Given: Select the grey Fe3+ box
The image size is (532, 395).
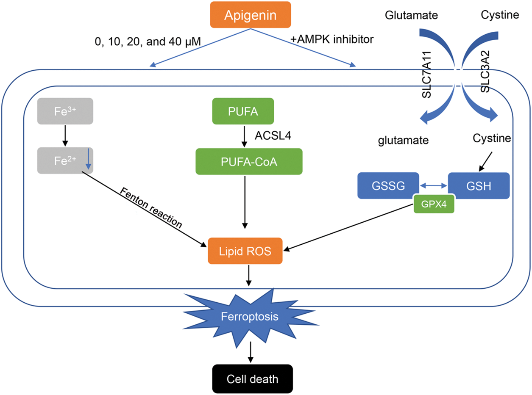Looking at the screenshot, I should (x=65, y=111).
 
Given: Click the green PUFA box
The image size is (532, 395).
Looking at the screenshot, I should (x=243, y=111).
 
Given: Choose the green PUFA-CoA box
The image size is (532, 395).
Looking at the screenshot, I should (x=249, y=161).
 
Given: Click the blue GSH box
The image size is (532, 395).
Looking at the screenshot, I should (x=479, y=185).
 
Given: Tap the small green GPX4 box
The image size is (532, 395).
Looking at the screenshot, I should (x=434, y=204).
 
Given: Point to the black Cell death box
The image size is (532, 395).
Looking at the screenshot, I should (x=252, y=378).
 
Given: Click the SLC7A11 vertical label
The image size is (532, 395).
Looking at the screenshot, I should (x=427, y=88).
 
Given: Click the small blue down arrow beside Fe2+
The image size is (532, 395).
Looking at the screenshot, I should (x=87, y=160).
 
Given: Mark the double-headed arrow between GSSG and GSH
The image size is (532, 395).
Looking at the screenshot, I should (x=433, y=185).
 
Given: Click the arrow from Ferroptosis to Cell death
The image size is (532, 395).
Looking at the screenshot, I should (x=251, y=353).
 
